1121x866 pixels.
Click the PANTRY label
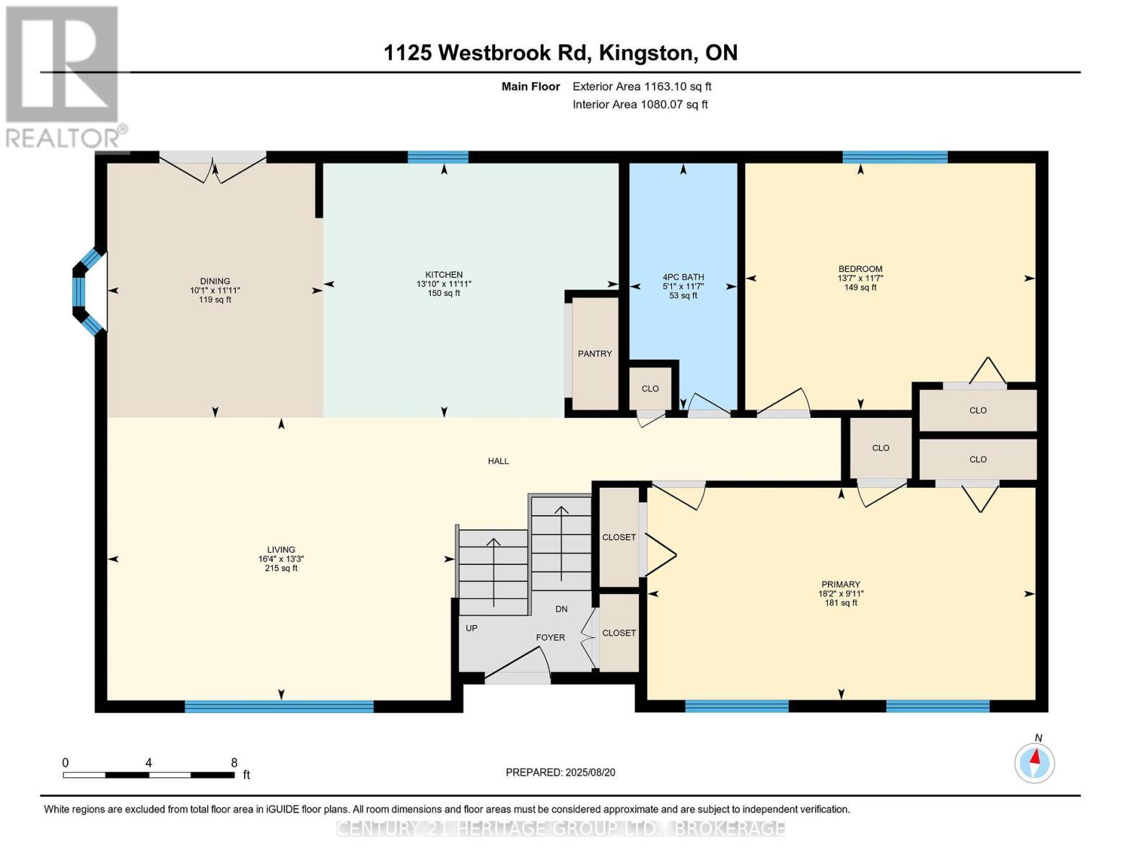pos(595,354)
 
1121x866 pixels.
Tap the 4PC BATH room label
pos(683,277)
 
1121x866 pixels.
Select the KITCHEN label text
pos(444,275)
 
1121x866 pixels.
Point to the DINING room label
pos(215,281)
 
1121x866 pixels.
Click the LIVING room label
pos(281,550)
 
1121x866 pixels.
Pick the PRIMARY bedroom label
pos(840,585)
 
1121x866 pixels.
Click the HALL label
pos(498,461)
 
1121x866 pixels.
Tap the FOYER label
pos(550,638)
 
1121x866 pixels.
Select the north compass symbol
pos(1034,762)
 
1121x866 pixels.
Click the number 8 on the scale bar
pos(234,763)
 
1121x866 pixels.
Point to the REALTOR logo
pos(63,76)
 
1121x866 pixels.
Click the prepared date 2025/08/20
pos(560,772)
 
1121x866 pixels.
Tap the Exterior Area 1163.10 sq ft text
pos(642,87)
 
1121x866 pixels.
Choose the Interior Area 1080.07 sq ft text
pos(640,105)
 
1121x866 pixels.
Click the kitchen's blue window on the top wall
pos(437,157)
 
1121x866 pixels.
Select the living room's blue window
pos(279,707)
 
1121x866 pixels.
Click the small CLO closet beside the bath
pos(650,388)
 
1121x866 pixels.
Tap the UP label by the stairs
pos(471,628)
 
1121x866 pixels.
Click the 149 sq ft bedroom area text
pos(860,287)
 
